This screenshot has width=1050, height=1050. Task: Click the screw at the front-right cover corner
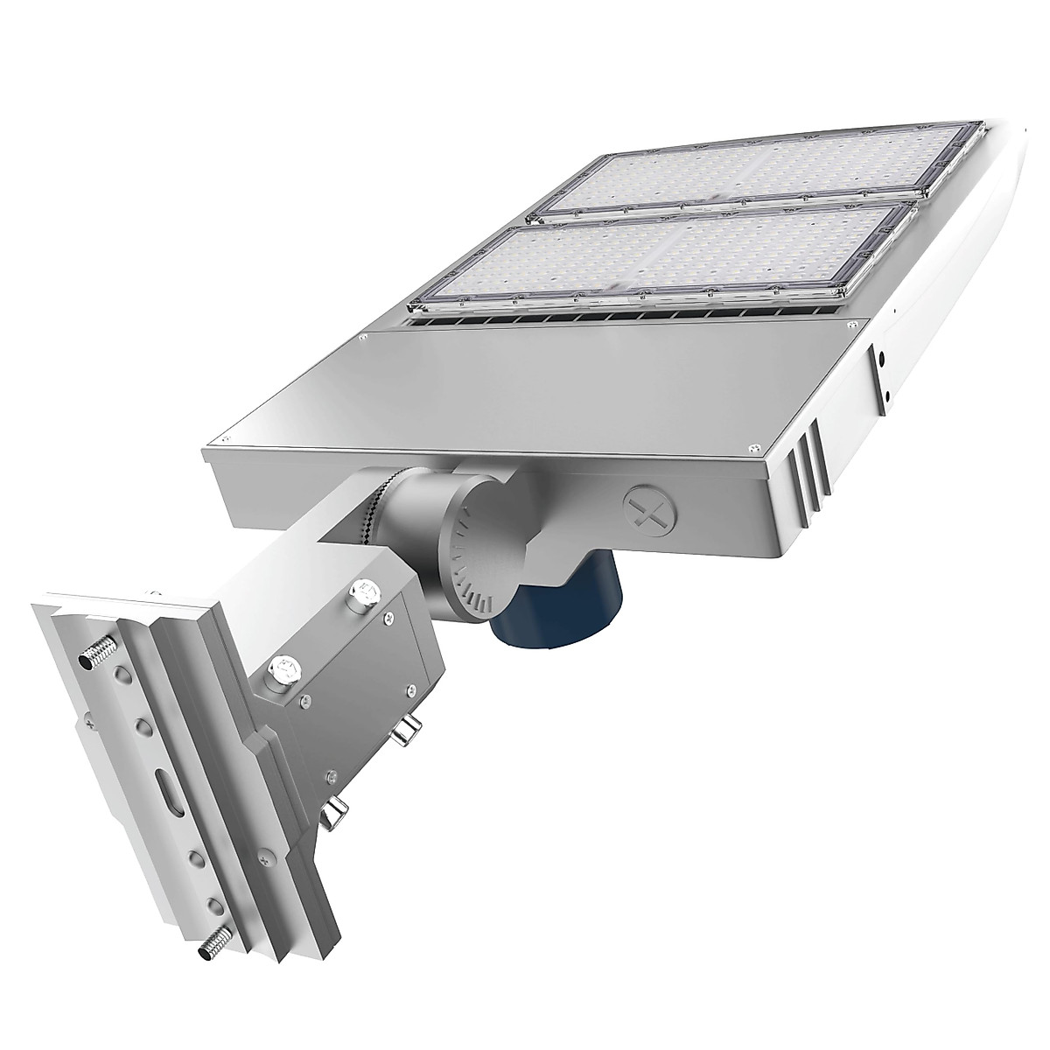coord(752,450)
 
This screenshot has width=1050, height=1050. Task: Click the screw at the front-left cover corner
coord(226,440)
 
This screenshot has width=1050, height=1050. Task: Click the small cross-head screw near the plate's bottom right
coord(332,777)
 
